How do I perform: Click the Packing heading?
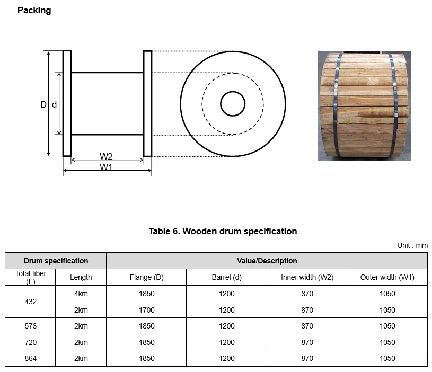click(x=34, y=10)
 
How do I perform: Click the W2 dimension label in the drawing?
click(x=106, y=156)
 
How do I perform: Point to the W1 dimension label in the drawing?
click(x=107, y=167)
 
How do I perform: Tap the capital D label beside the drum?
click(x=43, y=105)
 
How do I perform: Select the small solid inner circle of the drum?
click(x=233, y=103)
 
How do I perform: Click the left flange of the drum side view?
click(x=67, y=103)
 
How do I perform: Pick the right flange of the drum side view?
click(x=147, y=103)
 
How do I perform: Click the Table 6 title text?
click(x=223, y=231)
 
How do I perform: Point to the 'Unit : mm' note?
click(x=412, y=245)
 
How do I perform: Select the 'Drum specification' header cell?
click(x=56, y=261)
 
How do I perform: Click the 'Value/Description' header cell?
click(x=267, y=261)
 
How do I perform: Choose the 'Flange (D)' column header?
click(x=146, y=277)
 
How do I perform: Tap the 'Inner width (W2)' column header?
click(x=307, y=277)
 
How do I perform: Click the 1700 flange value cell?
click(x=146, y=310)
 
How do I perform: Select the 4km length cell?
click(x=81, y=294)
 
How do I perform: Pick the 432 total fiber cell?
click(x=31, y=302)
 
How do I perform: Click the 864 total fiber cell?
click(x=31, y=358)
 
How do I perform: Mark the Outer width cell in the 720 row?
click(x=387, y=342)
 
